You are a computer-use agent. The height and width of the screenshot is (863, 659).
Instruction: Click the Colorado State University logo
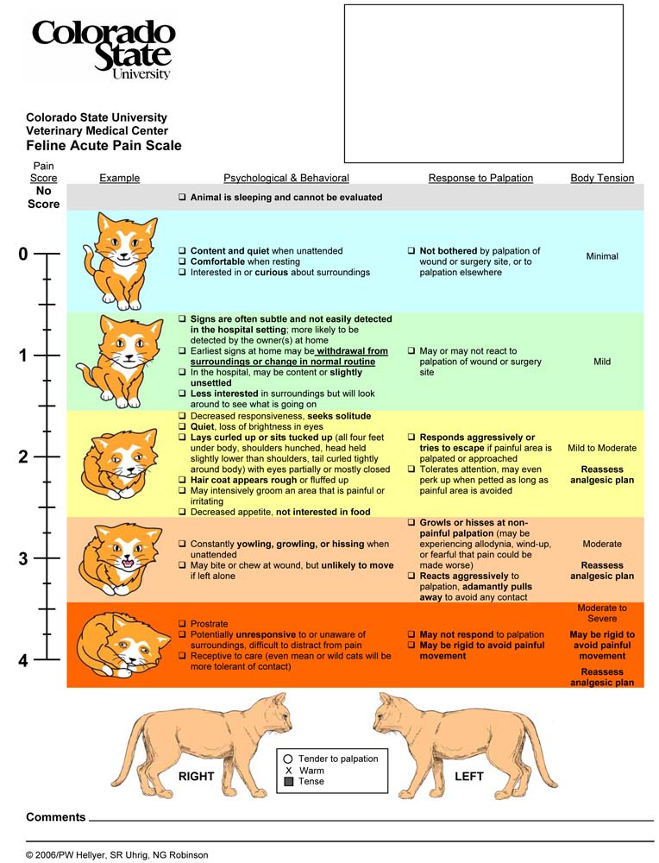[x=104, y=49]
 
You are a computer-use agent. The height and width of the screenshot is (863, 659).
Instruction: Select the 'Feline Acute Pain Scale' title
[x=104, y=146]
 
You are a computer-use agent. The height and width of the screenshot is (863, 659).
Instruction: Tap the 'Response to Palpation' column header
[x=480, y=179]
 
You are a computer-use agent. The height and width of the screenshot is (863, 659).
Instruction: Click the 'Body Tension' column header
[x=602, y=179]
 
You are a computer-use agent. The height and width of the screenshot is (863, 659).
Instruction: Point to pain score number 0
[x=23, y=254]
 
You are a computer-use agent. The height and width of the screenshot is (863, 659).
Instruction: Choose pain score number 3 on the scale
[x=23, y=558]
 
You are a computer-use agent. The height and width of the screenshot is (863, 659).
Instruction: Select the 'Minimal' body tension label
[x=602, y=256]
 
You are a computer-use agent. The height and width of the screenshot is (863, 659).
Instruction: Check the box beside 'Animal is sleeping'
[x=182, y=198]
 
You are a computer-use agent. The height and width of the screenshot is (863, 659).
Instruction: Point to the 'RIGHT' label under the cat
[x=196, y=777]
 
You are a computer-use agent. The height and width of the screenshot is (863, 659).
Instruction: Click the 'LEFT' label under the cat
[x=469, y=777]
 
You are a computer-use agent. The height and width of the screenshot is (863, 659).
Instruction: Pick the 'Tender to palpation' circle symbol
[x=289, y=759]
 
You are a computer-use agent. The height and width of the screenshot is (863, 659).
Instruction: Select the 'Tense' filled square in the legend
[x=289, y=782]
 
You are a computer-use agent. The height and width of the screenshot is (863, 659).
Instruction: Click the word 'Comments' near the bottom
[x=56, y=817]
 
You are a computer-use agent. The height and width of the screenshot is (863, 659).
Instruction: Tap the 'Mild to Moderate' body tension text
[x=602, y=449]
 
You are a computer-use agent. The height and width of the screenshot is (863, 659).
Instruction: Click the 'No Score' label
[x=44, y=198]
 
